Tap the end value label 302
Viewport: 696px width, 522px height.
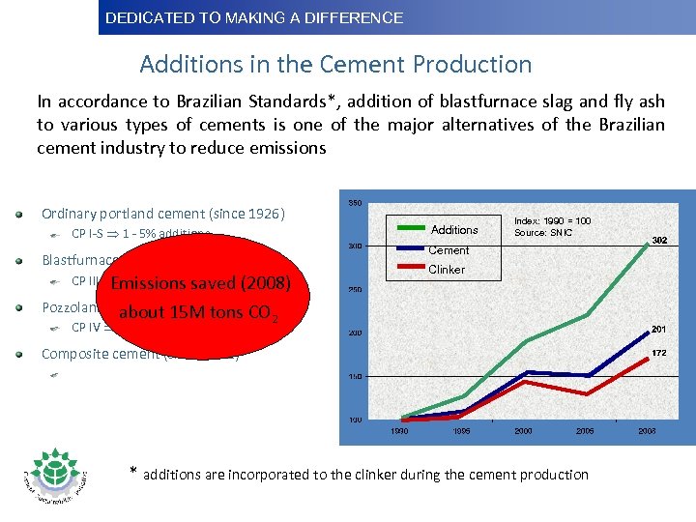[660, 240]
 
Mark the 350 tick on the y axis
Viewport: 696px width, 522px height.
[354, 202]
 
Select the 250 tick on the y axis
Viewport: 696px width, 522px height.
[354, 289]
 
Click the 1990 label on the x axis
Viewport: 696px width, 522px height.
[398, 431]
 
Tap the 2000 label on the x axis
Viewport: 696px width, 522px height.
[523, 431]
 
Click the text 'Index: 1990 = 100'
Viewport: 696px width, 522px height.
[552, 221]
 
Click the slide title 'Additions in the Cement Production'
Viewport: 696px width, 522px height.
[335, 65]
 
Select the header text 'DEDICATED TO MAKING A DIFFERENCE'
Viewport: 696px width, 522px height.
[254, 17]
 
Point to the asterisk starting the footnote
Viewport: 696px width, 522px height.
[134, 472]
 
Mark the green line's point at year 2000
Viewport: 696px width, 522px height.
[523, 342]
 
